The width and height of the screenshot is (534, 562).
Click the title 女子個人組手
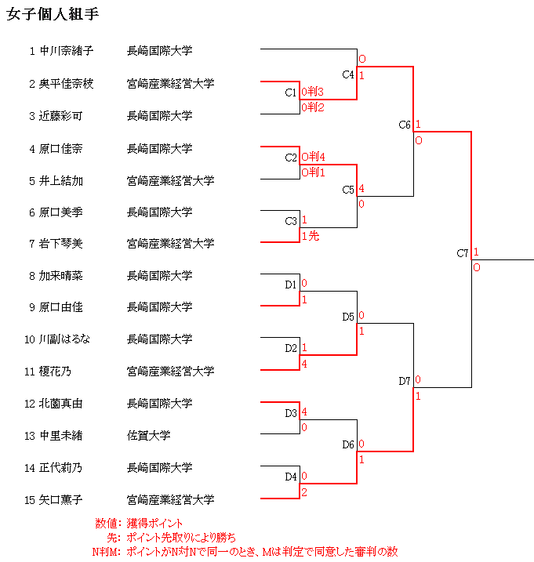click(53, 16)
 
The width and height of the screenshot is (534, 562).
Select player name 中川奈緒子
click(67, 52)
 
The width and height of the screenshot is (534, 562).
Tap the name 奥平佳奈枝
click(67, 84)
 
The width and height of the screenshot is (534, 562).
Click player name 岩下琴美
click(61, 244)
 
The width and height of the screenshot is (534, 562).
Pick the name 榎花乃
click(56, 372)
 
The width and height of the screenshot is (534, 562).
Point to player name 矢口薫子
click(61, 499)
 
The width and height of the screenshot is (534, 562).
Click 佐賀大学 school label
click(149, 436)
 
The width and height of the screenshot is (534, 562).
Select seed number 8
click(32, 276)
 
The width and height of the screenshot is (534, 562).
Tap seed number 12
click(30, 404)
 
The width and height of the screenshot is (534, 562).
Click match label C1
click(291, 92)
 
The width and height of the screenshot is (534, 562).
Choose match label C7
click(463, 253)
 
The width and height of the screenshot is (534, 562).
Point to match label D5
click(348, 317)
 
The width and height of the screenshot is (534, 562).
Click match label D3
click(291, 412)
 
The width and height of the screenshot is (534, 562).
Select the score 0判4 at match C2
click(313, 157)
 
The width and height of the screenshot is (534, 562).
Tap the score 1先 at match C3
click(310, 235)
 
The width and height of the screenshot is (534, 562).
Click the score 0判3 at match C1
click(313, 92)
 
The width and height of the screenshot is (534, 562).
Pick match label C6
click(405, 125)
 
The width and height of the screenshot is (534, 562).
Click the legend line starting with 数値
click(140, 523)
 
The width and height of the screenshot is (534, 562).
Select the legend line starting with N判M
click(244, 552)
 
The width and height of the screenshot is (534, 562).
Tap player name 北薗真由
click(61, 404)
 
